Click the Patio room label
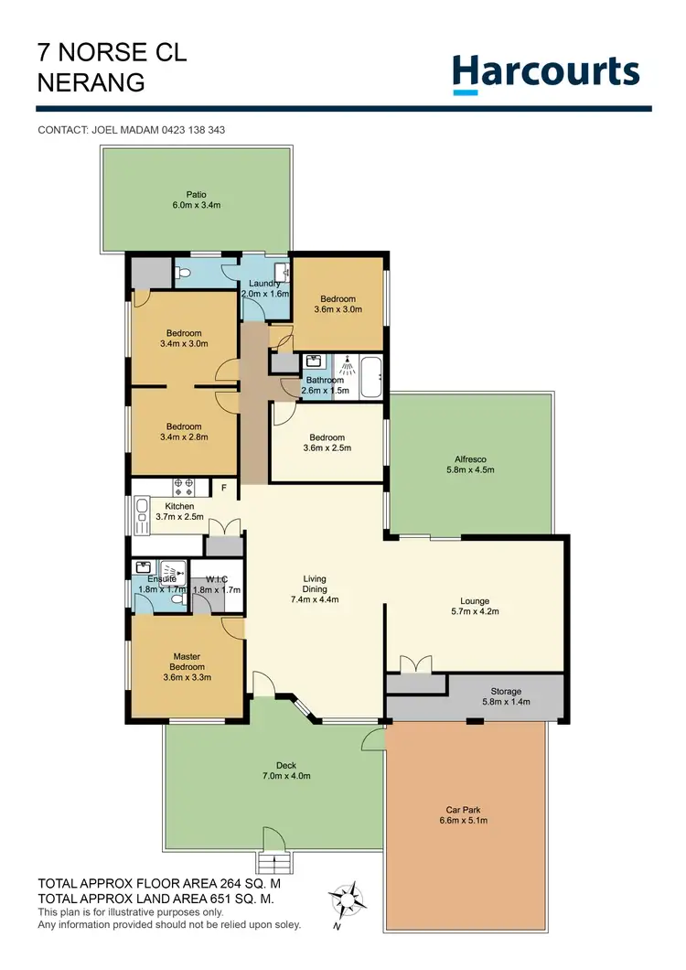[x=198, y=199]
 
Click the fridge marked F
[x=222, y=488]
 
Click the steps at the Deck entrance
[x=272, y=863]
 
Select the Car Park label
[x=463, y=814]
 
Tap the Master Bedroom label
[x=187, y=662]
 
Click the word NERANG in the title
[x=91, y=82]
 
